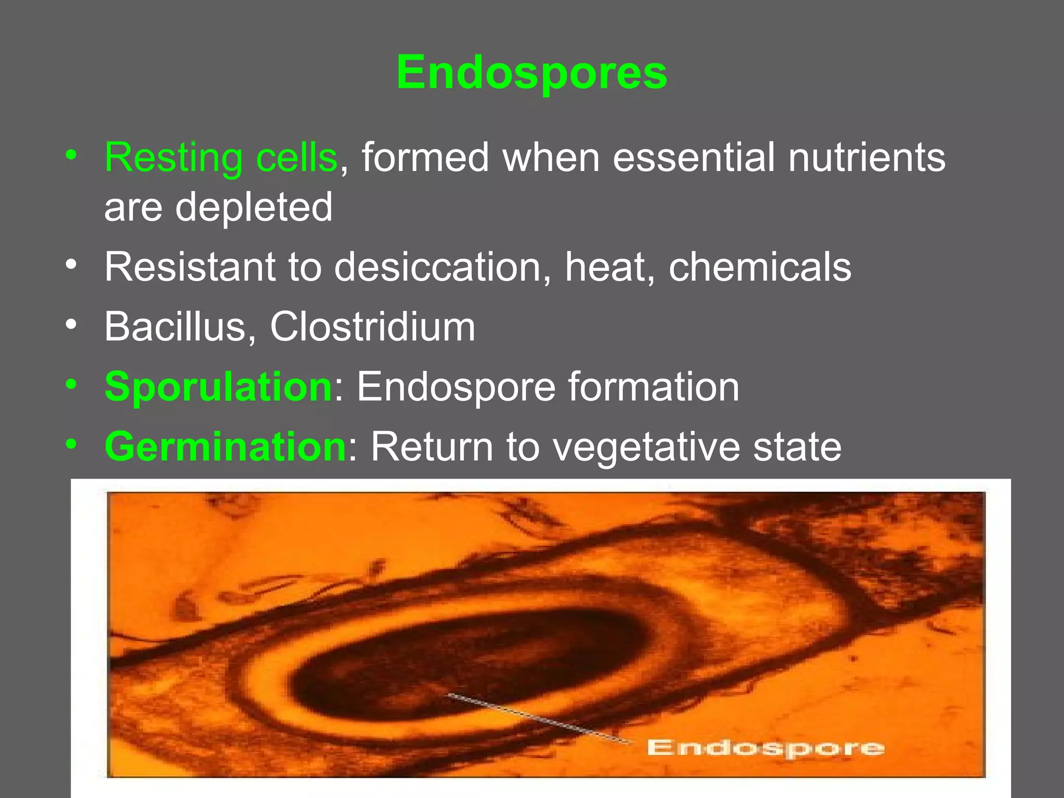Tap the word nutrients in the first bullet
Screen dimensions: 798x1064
(867, 157)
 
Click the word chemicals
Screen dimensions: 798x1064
(760, 268)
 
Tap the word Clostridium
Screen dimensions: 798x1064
(373, 327)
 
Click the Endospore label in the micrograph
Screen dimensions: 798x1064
(765, 748)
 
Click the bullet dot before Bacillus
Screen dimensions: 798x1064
(72, 325)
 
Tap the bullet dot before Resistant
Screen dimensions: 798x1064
(72, 265)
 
